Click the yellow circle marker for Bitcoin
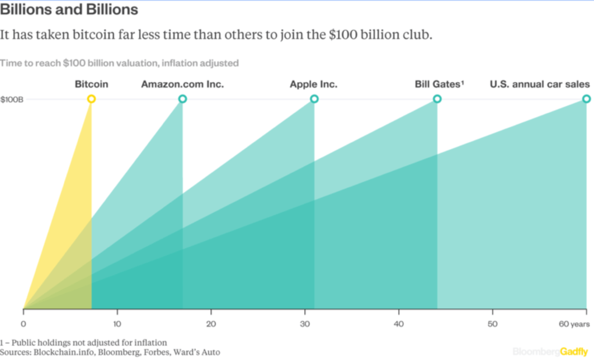click(x=91, y=99)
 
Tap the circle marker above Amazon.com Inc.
click(x=182, y=99)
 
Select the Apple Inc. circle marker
click(x=314, y=99)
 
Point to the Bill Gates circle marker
click(x=437, y=99)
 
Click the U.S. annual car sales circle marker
click(x=587, y=99)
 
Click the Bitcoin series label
click(x=91, y=84)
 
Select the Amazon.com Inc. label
click(x=182, y=84)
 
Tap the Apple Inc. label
click(x=314, y=84)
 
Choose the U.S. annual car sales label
click(x=540, y=84)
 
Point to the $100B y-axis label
click(x=12, y=99)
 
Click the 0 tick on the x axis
click(x=23, y=324)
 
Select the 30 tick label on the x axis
click(x=305, y=324)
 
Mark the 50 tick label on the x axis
click(x=492, y=324)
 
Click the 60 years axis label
click(x=574, y=324)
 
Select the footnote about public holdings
click(x=84, y=343)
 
